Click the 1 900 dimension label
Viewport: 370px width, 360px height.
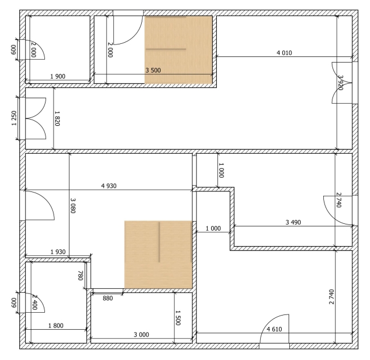(58, 76)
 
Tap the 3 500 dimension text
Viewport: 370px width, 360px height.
(153, 70)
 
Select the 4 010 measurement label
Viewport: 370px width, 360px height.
(285, 53)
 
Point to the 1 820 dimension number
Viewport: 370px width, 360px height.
(57, 118)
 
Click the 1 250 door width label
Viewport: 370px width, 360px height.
(14, 118)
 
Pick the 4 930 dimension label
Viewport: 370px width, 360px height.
(109, 186)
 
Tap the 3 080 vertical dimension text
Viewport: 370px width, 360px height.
(73, 206)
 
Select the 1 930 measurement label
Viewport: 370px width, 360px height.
(58, 252)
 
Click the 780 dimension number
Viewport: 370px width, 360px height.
(80, 276)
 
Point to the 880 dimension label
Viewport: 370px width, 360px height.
(108, 298)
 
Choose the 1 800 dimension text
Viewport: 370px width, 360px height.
(56, 326)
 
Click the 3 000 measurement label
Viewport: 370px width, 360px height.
(141, 335)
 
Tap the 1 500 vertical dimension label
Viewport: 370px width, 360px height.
(178, 318)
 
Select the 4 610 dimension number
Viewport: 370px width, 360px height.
(274, 329)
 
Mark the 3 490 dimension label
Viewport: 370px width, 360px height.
(293, 222)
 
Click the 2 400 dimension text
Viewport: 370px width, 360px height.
(35, 302)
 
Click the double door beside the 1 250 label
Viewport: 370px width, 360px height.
(36, 118)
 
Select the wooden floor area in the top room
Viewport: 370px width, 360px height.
(179, 50)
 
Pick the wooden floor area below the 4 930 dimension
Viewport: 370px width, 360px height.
(158, 255)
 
